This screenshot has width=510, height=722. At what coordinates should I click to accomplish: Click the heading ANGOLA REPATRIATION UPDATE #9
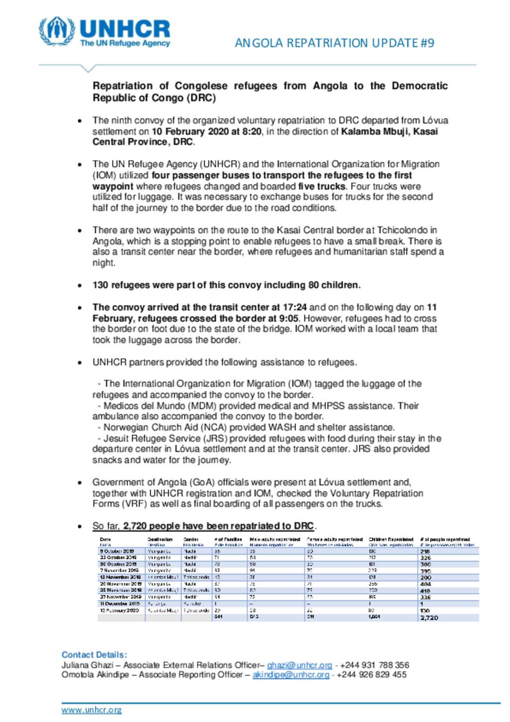(334, 43)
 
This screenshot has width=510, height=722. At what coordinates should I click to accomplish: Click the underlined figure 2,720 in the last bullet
(134, 526)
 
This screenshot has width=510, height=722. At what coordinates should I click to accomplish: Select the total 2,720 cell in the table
(429, 617)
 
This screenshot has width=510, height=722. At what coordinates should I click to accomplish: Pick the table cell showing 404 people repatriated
(425, 583)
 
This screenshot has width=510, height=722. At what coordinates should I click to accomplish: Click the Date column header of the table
(105, 539)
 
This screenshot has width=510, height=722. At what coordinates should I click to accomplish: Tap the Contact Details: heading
(94, 655)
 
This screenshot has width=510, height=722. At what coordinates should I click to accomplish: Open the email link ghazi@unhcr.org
(299, 665)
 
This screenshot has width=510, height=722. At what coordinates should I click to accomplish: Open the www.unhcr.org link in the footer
(91, 710)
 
